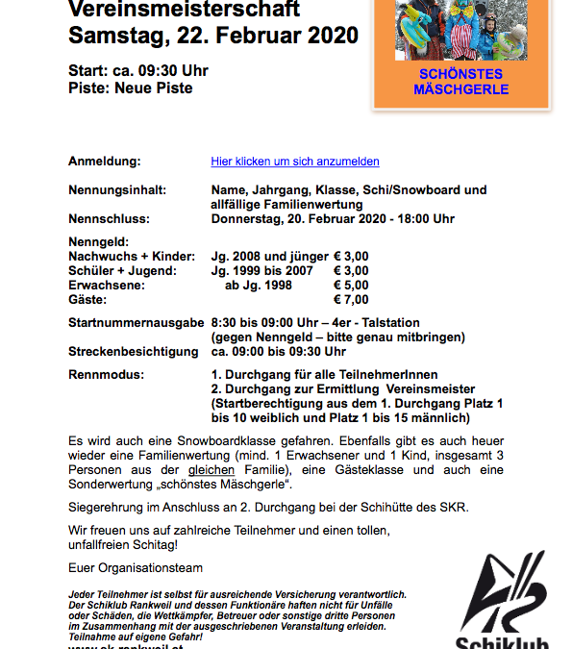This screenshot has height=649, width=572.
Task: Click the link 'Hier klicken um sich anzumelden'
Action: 295,162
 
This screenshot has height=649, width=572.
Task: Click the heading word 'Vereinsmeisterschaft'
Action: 185,10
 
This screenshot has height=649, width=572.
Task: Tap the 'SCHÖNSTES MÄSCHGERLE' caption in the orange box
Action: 460,82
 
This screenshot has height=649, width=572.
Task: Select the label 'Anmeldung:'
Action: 105,162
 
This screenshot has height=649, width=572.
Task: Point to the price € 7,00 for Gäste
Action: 351,300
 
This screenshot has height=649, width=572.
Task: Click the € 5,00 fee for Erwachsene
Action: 351,286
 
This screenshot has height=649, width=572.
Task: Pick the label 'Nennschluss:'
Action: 109,219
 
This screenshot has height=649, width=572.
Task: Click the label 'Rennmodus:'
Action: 107,374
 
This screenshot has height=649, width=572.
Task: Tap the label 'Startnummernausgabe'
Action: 137,323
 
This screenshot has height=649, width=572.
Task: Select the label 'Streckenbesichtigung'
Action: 134,352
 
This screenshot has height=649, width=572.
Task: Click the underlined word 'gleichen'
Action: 211,469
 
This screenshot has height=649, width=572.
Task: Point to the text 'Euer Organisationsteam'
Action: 136,568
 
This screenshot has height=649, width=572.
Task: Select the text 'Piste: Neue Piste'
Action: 131,88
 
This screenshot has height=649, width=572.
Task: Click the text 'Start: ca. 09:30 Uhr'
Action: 138,71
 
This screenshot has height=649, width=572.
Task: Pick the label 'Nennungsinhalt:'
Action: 117,190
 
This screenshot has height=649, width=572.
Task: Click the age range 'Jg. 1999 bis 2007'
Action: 262,271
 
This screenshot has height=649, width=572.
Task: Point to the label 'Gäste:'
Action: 89,300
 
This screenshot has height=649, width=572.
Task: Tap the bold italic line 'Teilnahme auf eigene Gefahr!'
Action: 136,637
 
